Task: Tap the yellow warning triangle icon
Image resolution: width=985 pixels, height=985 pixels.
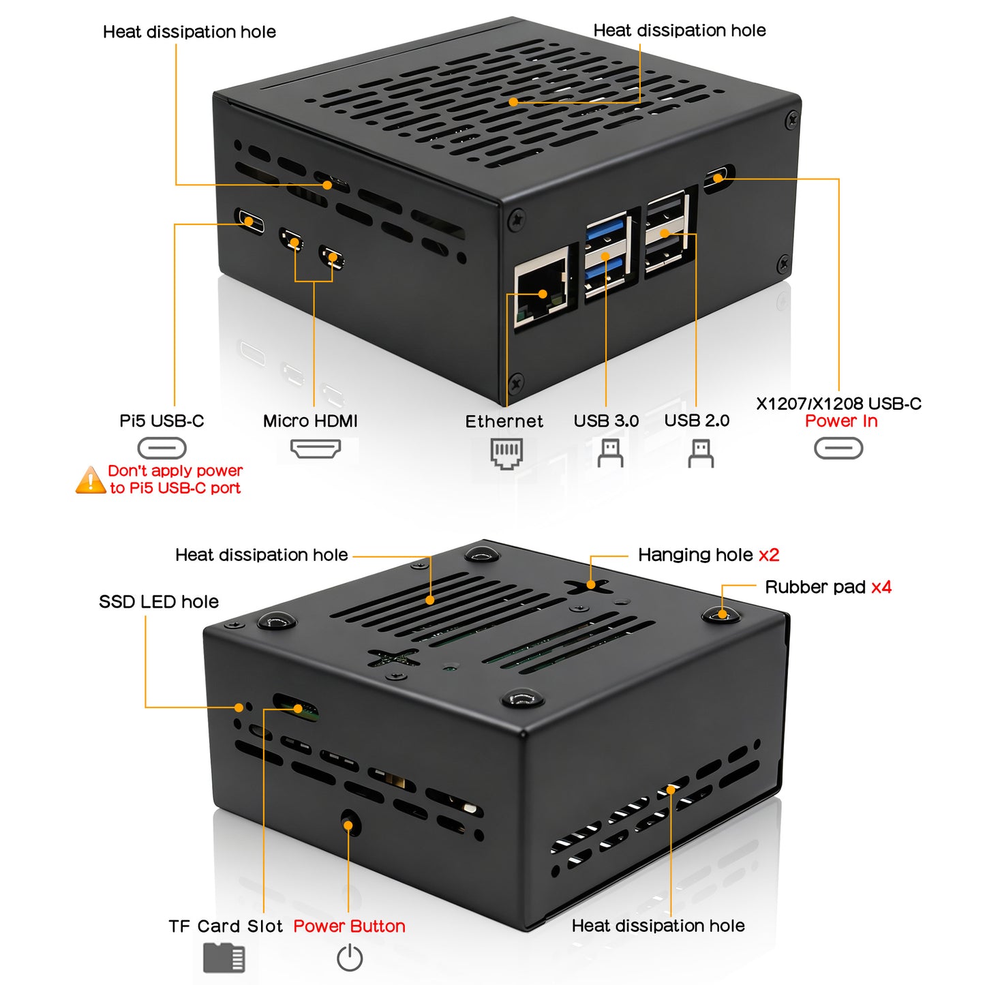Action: pyautogui.click(x=90, y=481)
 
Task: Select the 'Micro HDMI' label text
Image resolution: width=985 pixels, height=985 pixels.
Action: pyautogui.click(x=310, y=421)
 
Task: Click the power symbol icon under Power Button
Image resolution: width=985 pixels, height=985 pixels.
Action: pyautogui.click(x=350, y=958)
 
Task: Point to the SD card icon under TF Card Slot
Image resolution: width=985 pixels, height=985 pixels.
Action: pyautogui.click(x=224, y=958)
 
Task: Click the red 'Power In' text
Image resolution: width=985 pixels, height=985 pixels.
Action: pyautogui.click(x=841, y=421)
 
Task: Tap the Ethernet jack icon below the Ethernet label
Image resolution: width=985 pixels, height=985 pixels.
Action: pyautogui.click(x=506, y=453)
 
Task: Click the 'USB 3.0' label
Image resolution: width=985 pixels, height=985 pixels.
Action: pyautogui.click(x=606, y=421)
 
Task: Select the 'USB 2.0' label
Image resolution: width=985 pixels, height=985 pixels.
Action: pyautogui.click(x=697, y=421)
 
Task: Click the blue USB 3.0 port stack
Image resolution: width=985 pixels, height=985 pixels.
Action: pyautogui.click(x=606, y=254)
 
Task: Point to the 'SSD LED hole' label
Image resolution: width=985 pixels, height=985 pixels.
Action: pyautogui.click(x=159, y=601)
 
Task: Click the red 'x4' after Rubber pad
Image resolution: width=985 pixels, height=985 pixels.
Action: pyautogui.click(x=881, y=587)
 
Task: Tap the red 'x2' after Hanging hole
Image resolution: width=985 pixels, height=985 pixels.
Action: pyautogui.click(x=769, y=555)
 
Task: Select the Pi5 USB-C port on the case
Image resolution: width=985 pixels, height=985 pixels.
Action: pyautogui.click(x=249, y=221)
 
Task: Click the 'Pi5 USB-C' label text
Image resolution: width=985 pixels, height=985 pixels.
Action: pyautogui.click(x=162, y=421)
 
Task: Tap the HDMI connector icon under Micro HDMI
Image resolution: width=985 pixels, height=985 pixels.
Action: pyautogui.click(x=315, y=449)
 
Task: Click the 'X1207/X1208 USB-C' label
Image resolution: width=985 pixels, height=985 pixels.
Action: pyautogui.click(x=838, y=404)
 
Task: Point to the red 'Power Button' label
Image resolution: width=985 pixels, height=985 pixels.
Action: pyautogui.click(x=349, y=926)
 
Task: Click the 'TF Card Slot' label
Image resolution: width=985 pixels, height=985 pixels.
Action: pyautogui.click(x=225, y=926)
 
